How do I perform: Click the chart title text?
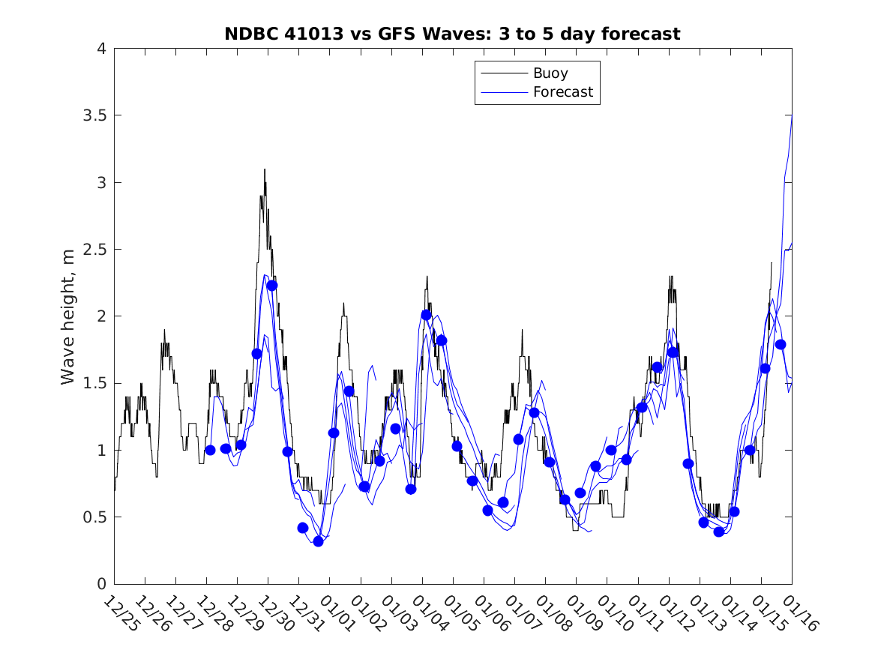pyautogui.click(x=452, y=34)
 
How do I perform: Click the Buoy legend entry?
pyautogui.click(x=550, y=73)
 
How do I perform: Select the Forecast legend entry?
pyautogui.click(x=562, y=92)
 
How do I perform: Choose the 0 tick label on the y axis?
pyautogui.click(x=100, y=584)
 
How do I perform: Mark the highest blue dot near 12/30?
pyautogui.click(x=272, y=285)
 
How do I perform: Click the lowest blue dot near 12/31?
pyautogui.click(x=318, y=541)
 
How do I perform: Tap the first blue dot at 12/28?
pyautogui.click(x=210, y=450)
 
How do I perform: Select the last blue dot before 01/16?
pyautogui.click(x=780, y=344)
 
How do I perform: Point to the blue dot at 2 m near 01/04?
pyautogui.click(x=426, y=315)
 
